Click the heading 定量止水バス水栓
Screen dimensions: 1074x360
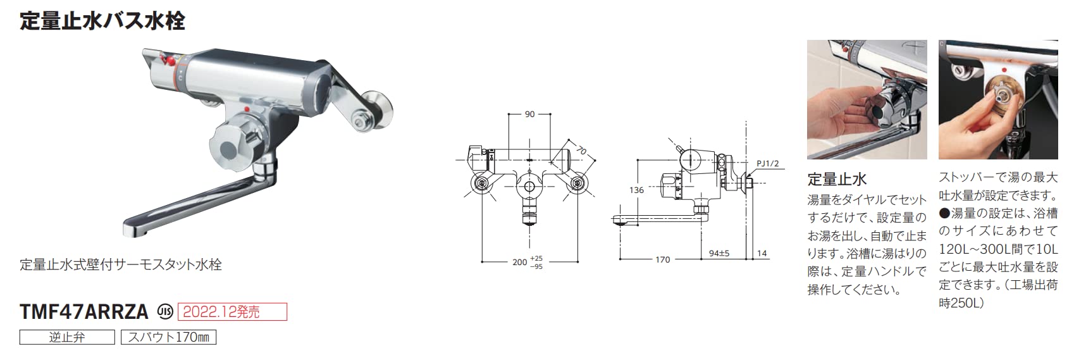click(x=102, y=22)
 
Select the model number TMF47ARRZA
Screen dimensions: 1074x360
click(x=84, y=312)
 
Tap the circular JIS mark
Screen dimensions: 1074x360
click(x=166, y=312)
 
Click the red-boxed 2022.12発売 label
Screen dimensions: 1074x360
click(x=233, y=312)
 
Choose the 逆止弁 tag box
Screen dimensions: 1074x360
click(x=67, y=337)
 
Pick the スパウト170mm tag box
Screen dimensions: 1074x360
click(x=169, y=337)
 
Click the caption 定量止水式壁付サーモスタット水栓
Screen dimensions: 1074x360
click(x=121, y=264)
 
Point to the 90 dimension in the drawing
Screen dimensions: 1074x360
click(x=529, y=114)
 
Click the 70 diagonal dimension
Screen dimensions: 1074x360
click(x=581, y=149)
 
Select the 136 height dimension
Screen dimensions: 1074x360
click(x=636, y=190)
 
